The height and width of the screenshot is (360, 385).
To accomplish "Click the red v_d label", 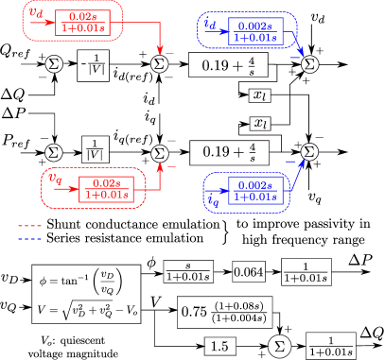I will (x=35, y=13).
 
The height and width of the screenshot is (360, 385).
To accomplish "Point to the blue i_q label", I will (x=214, y=198).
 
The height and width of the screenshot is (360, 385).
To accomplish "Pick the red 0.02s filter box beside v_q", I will (x=107, y=188).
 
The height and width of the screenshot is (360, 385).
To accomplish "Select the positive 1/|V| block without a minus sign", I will (x=96, y=149).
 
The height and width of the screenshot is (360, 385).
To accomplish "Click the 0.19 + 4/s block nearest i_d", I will (x=228, y=64).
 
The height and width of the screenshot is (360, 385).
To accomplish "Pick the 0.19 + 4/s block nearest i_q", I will (x=229, y=151).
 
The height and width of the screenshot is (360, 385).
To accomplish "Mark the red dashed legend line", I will (x=29, y=226).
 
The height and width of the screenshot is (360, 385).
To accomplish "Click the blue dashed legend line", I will (x=29, y=238).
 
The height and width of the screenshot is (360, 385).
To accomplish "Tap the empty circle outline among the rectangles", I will (x=279, y=346).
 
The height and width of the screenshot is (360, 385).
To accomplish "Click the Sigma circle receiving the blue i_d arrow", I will (x=310, y=63).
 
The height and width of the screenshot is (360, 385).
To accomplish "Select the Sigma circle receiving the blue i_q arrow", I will (x=310, y=151).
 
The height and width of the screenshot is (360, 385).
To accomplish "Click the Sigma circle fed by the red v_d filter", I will (x=159, y=63).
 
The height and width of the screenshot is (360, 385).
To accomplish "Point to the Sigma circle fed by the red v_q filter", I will (x=159, y=152).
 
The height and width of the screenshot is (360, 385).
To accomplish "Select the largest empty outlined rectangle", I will (x=86, y=294).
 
